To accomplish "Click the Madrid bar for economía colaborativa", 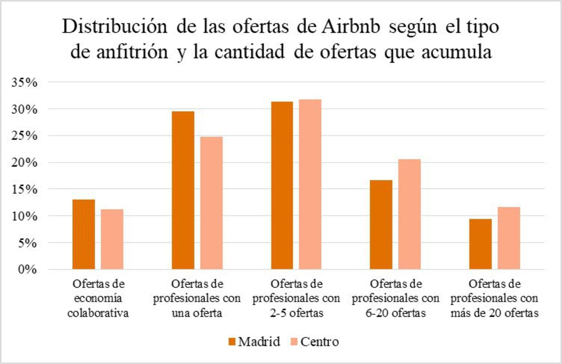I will (x=84, y=234).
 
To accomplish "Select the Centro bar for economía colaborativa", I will (x=112, y=239).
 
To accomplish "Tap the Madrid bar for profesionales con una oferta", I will (x=183, y=190).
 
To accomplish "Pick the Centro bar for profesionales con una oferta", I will (x=211, y=203).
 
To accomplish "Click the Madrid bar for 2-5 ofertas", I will (x=282, y=186).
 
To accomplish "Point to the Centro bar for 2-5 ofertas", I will (x=310, y=184).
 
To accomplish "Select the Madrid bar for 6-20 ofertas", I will (x=381, y=225).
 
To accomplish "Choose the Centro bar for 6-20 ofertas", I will (x=409, y=214).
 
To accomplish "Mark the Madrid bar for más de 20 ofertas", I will (x=481, y=244).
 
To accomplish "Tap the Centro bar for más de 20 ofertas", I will (x=509, y=238).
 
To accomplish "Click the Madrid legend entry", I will (x=254, y=342).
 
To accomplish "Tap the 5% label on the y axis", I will (x=27, y=243).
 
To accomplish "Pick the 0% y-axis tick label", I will (x=27, y=269).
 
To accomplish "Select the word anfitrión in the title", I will (x=132, y=52).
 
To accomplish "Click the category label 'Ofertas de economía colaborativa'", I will (x=98, y=298).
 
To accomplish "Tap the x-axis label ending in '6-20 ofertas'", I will (x=396, y=298).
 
